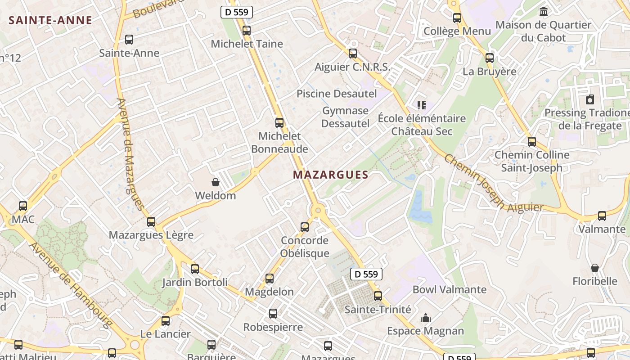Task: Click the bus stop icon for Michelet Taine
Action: click(246, 31)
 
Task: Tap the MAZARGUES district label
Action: click(331, 175)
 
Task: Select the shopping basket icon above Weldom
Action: click(216, 182)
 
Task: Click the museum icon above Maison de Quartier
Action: click(543, 11)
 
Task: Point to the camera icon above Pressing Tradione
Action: click(589, 99)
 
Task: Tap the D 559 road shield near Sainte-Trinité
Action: click(366, 274)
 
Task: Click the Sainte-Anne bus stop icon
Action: click(129, 40)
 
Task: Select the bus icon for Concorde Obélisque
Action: click(305, 227)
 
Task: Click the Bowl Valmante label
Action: click(449, 289)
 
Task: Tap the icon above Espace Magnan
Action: click(425, 318)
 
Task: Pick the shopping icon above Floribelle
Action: click(595, 268)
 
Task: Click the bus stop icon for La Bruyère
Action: click(490, 58)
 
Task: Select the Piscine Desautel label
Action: click(336, 94)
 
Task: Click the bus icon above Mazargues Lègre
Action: click(151, 222)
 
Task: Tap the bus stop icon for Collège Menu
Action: click(457, 18)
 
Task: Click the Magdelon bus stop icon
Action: click(270, 279)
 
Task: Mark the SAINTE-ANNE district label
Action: click(50, 20)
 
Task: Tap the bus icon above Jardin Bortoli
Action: click(195, 269)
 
